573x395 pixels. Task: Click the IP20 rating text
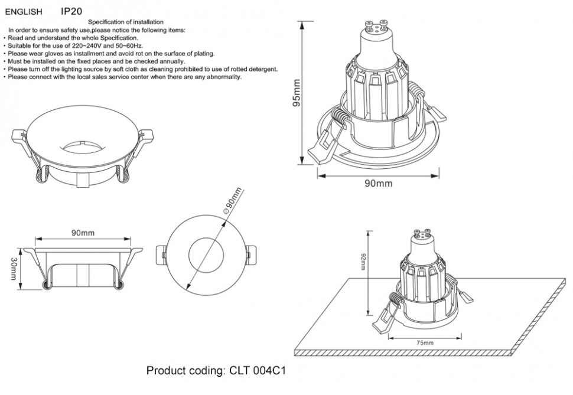pos(71,11)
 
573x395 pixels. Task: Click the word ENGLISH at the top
pos(24,12)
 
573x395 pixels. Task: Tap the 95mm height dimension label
pos(297,93)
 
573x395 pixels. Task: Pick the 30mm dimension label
pos(14,269)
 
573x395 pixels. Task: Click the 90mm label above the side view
pos(83,233)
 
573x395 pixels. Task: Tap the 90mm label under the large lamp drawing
pos(378,183)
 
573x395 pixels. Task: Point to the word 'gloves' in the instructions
pos(46,54)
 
